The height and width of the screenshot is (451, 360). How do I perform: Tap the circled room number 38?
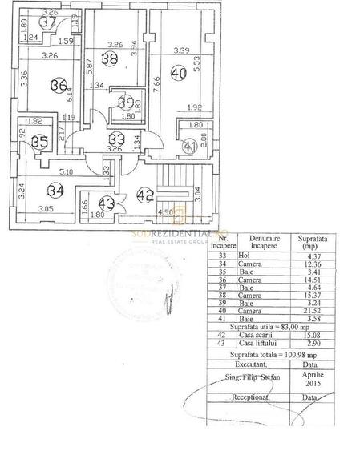coord(110,58)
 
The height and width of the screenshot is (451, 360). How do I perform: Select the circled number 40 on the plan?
coord(178,74)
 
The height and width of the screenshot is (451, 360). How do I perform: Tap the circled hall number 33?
coord(116,137)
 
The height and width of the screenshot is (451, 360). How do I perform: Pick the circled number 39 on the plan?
coord(126,102)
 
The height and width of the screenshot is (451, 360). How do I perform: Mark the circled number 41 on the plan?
coord(189,147)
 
